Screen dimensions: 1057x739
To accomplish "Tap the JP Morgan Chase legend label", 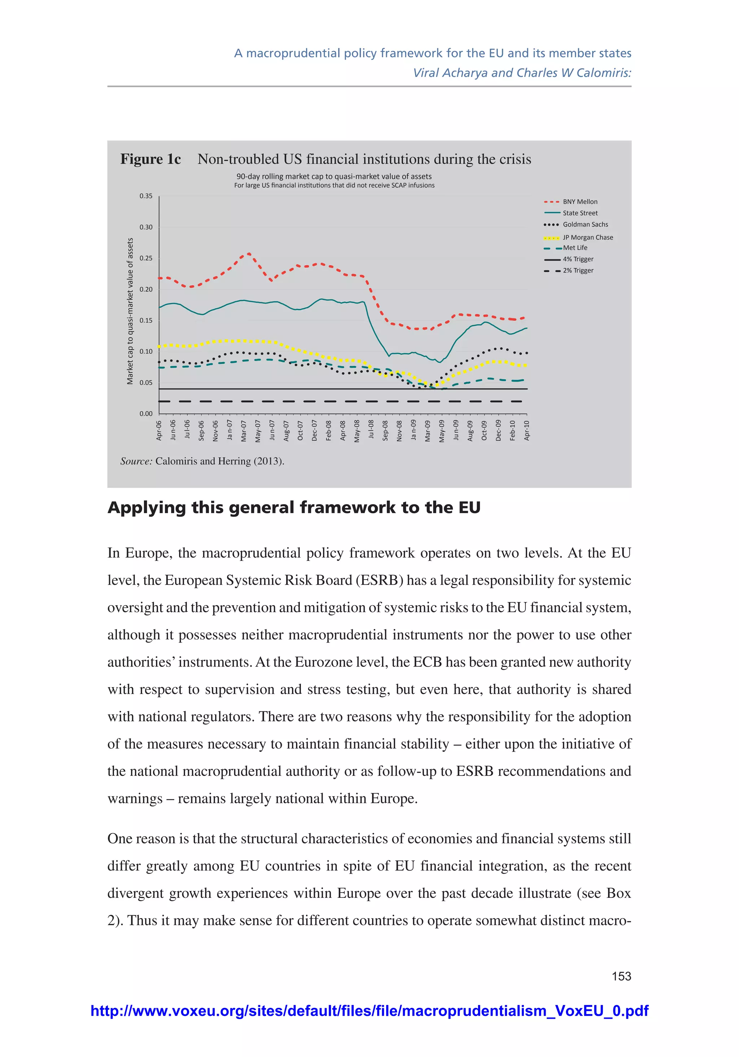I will click(587, 237).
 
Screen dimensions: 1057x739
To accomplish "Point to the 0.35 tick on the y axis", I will click(146, 196).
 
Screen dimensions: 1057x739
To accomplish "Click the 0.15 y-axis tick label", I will click(146, 320).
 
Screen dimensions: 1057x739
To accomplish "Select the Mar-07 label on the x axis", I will click(244, 431).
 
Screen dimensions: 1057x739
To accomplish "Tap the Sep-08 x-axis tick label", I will click(385, 431).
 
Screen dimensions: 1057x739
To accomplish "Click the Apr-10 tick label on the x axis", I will click(527, 430).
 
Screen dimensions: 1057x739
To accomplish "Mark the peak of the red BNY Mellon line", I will click(249, 253).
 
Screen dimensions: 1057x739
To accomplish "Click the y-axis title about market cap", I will click(130, 311).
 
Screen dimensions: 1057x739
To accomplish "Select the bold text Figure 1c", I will click(150, 159).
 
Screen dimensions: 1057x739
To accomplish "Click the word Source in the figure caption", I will click(136, 461).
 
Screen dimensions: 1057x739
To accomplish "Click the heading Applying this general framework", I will click(294, 508).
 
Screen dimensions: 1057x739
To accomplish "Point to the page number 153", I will click(621, 976).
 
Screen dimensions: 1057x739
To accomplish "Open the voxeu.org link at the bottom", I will click(369, 1011).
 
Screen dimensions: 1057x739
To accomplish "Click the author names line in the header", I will click(522, 73).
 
